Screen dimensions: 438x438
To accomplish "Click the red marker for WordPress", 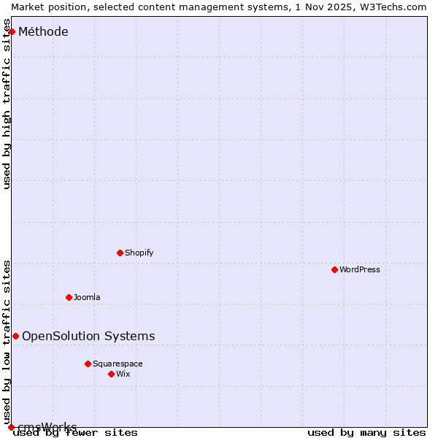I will (334, 269).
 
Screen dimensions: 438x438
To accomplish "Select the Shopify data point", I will (120, 253).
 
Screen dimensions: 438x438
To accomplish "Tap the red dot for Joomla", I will (69, 297).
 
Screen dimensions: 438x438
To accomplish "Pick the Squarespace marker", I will (88, 364).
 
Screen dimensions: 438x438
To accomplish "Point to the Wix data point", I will (111, 374).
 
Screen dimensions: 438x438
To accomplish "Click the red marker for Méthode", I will (12, 31).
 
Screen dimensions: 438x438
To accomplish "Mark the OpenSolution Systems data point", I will (15, 336).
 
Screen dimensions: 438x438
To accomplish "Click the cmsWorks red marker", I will (11, 427).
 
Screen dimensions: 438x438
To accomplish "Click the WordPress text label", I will (360, 269).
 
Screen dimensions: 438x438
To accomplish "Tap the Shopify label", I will (139, 253).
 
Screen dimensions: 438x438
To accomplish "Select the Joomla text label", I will (87, 297).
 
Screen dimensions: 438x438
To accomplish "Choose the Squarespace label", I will (118, 364).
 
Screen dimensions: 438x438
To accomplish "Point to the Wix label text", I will (123, 374).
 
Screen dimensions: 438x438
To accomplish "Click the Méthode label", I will (43, 31).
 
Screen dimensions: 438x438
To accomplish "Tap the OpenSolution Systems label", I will (88, 336).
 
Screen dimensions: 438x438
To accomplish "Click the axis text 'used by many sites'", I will (366, 432).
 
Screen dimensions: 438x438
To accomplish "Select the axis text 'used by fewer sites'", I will (75, 432).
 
